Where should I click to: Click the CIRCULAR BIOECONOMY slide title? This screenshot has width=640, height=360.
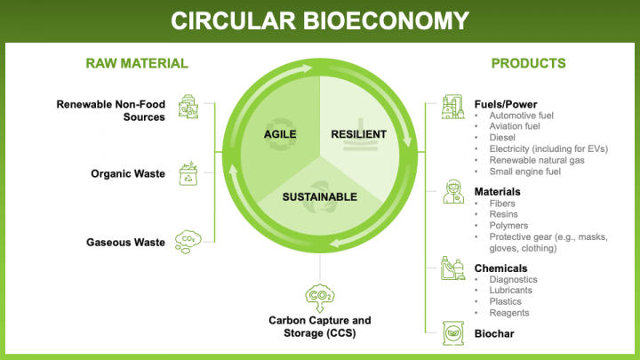(320, 20)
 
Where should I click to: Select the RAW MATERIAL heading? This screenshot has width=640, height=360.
(137, 63)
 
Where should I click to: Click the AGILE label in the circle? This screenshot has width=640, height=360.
(279, 134)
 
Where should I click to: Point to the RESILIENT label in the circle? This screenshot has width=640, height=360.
(359, 134)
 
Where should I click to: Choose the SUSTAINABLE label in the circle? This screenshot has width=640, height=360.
(320, 196)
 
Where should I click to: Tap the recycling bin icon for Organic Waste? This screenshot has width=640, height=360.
(188, 172)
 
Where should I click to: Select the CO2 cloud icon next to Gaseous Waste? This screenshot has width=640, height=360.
(188, 240)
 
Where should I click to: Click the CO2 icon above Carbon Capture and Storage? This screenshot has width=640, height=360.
(319, 295)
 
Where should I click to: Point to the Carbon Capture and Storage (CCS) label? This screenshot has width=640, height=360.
(320, 326)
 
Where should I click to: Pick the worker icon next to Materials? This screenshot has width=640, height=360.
(453, 192)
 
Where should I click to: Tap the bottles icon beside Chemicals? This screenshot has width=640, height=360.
(453, 268)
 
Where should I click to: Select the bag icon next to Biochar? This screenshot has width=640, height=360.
(453, 333)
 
